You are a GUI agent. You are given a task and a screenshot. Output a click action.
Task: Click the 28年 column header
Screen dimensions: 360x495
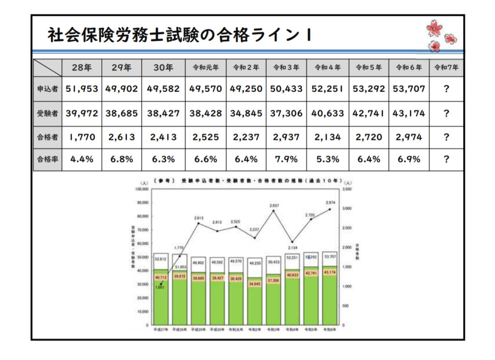(x=82, y=68)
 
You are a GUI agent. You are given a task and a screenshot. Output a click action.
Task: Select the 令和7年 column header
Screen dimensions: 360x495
(x=446, y=68)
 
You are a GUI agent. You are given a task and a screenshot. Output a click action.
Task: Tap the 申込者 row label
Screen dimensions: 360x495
(x=47, y=89)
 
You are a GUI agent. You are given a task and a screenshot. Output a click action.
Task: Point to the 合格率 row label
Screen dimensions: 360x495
(x=47, y=159)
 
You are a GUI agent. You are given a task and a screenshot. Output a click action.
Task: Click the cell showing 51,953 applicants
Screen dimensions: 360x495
(x=82, y=89)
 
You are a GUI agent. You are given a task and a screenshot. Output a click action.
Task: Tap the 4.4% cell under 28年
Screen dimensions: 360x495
(x=82, y=159)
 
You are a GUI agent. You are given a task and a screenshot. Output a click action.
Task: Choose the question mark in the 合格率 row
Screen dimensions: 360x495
(x=446, y=159)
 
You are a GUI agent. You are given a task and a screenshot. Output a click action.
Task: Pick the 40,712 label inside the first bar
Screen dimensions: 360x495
(x=160, y=277)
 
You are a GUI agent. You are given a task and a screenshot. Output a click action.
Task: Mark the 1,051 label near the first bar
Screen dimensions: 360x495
(x=160, y=287)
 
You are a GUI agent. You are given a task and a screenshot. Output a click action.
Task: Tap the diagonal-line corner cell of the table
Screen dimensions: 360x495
(x=47, y=68)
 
